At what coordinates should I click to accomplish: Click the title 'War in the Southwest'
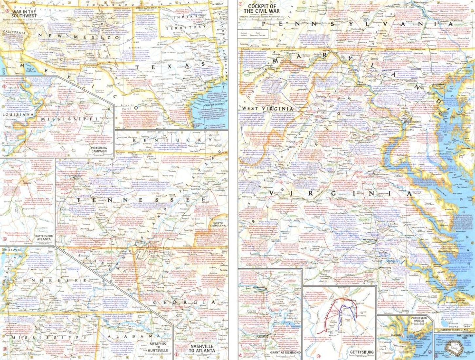(24, 14)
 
